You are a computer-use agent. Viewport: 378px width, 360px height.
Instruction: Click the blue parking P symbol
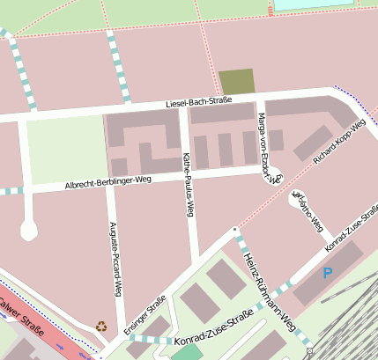tap(328, 274)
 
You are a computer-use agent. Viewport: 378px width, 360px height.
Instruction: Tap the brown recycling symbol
tap(100, 326)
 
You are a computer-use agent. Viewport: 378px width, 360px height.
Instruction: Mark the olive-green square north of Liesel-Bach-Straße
tap(236, 82)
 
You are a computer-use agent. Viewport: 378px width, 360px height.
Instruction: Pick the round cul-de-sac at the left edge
tap(29, 231)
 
